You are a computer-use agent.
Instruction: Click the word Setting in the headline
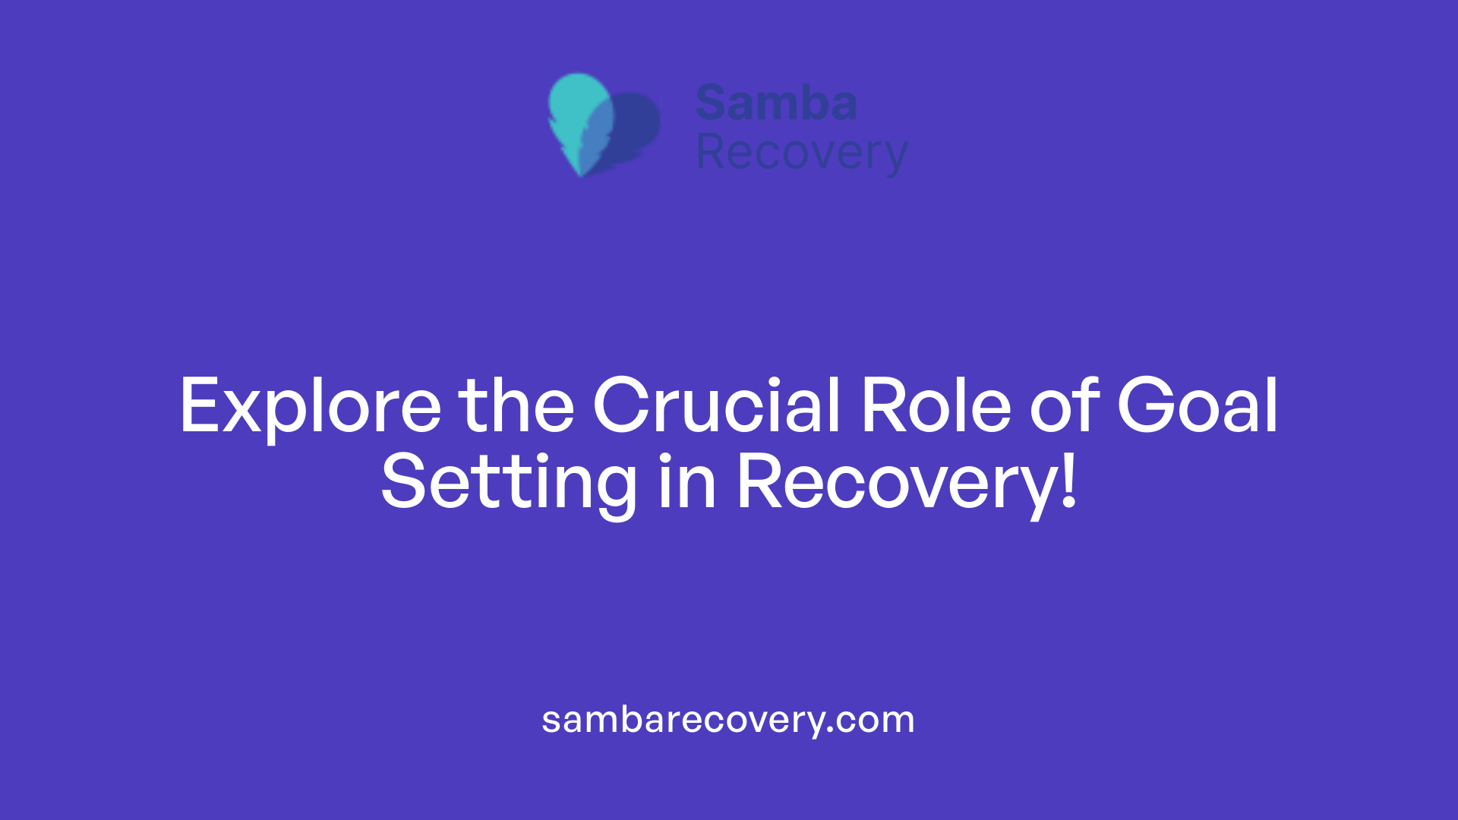pos(509,482)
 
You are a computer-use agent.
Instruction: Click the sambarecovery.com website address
pos(728,719)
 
